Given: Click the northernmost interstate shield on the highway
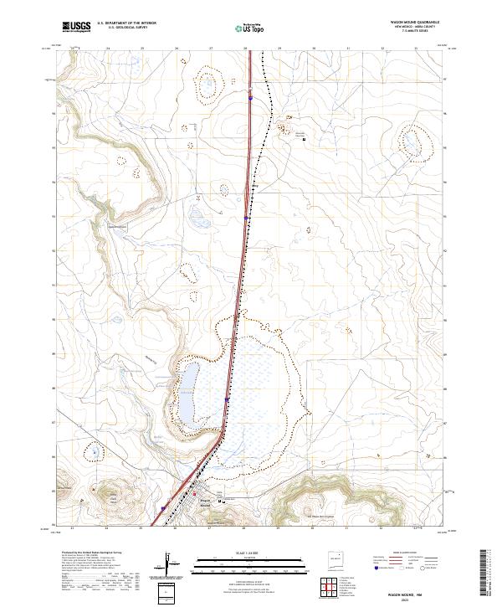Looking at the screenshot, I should (x=250, y=97).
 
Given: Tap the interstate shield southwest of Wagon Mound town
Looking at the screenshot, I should (x=163, y=507).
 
